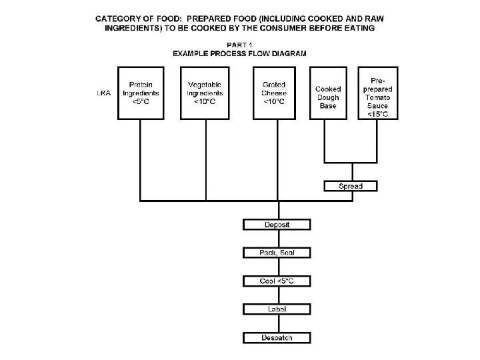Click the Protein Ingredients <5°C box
coord(140,93)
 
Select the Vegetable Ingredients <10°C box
coord(205,93)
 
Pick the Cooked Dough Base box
coord(328,93)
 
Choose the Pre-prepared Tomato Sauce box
coord(378,93)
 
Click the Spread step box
coord(351,186)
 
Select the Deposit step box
coord(277,225)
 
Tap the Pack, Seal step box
coord(277,253)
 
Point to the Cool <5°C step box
coord(277,281)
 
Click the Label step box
coord(277,309)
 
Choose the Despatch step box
coord(277,338)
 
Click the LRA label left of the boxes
coord(104,93)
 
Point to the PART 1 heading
coord(239,45)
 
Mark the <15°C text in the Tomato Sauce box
coord(378,114)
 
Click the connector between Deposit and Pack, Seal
coord(277,239)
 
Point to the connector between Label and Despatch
coord(277,324)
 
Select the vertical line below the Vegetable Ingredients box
coord(205,160)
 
